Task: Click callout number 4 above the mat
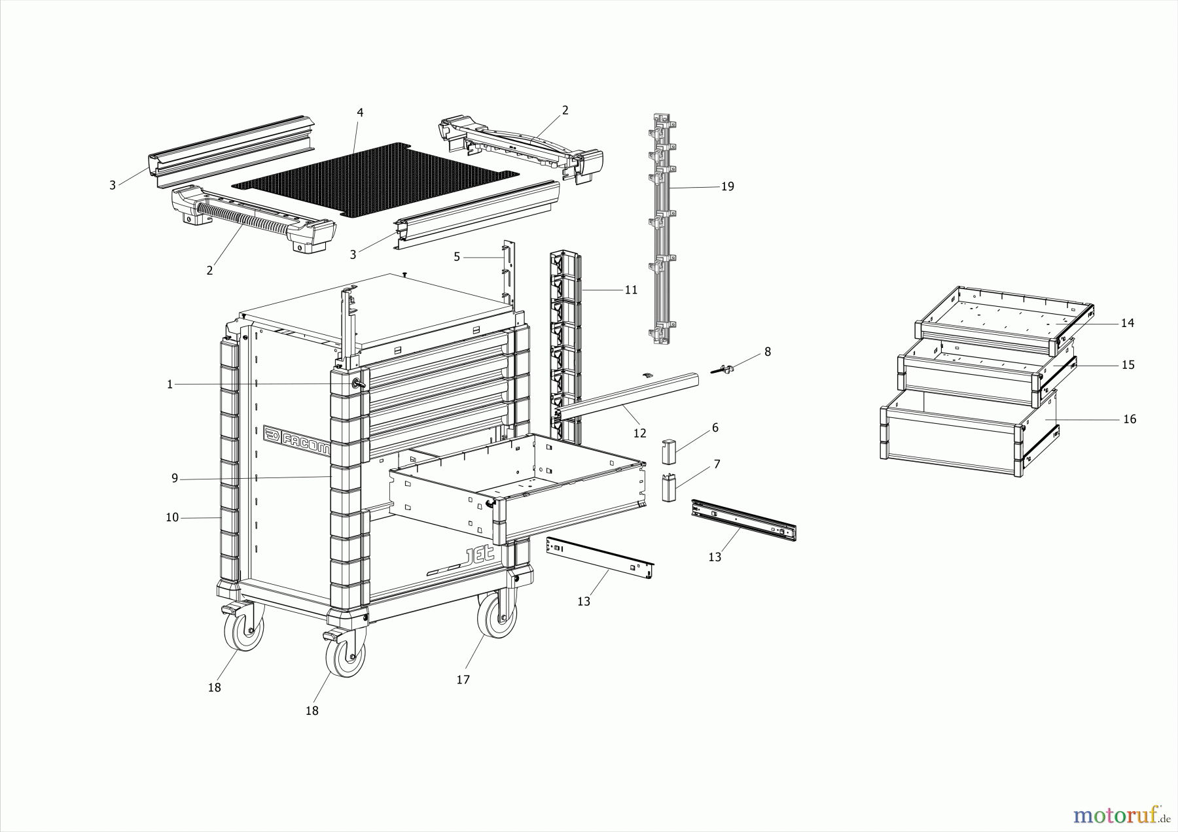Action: point(360,113)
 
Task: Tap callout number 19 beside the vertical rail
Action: point(727,186)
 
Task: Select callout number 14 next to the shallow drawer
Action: point(1127,323)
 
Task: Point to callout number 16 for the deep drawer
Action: point(1130,419)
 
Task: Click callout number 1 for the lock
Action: point(170,385)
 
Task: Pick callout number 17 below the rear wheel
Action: point(463,680)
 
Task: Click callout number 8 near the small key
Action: point(767,352)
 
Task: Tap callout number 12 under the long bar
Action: point(639,433)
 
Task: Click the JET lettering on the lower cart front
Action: point(483,557)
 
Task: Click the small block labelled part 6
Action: point(668,450)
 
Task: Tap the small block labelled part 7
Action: point(668,488)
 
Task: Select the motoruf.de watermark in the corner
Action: point(1121,815)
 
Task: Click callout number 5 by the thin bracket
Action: point(457,257)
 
